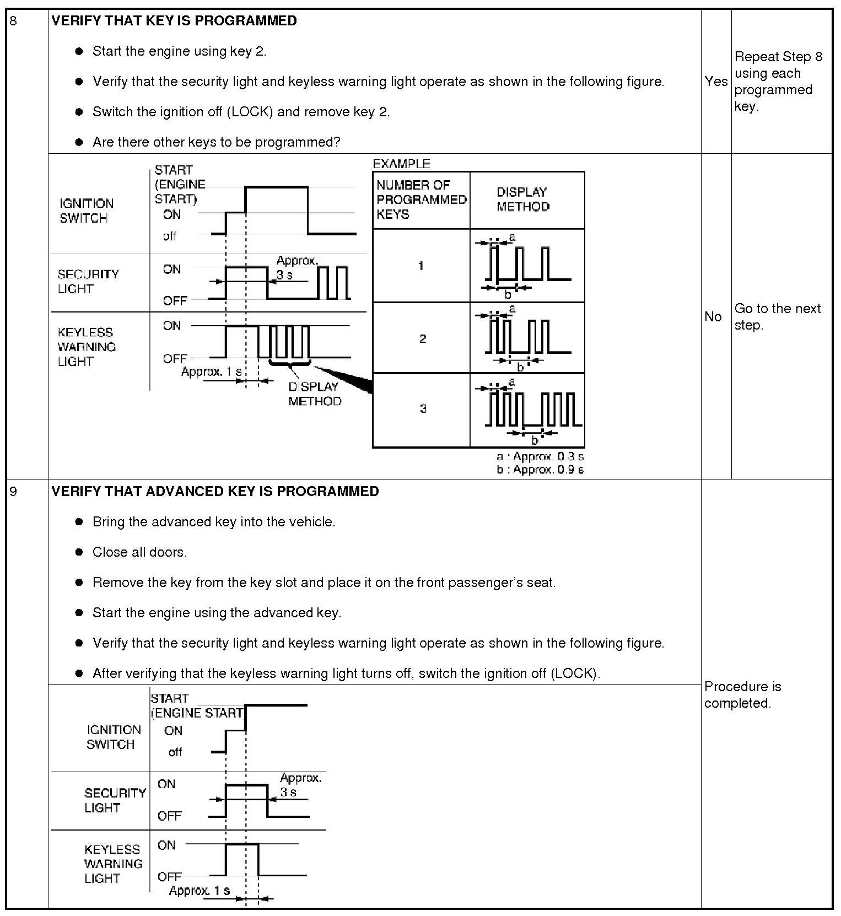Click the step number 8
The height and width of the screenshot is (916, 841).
(13, 21)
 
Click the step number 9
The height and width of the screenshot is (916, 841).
(13, 491)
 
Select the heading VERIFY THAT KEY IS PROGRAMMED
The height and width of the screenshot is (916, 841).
(174, 21)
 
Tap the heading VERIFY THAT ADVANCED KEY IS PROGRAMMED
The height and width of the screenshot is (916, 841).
(215, 491)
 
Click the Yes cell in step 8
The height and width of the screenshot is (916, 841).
(715, 82)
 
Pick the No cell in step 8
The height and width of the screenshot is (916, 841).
(713, 316)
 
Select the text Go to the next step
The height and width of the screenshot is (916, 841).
(777, 316)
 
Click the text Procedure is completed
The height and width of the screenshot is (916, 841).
(742, 694)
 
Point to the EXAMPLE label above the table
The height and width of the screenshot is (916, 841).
(401, 164)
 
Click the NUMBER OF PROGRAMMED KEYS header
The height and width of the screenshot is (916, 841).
(421, 200)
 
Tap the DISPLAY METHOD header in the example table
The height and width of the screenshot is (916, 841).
(522, 200)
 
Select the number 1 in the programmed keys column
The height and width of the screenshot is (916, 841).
(421, 266)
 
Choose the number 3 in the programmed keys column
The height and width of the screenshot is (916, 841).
(423, 408)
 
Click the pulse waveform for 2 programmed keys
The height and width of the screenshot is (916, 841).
(527, 337)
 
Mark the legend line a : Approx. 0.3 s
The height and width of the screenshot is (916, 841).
(540, 456)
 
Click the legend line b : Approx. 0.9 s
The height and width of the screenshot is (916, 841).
(540, 470)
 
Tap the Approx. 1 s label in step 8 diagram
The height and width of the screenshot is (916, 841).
(211, 372)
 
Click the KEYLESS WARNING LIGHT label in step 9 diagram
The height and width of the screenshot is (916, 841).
(113, 864)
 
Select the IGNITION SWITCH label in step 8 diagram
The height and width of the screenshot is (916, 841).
(87, 211)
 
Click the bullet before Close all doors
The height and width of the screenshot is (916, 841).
(79, 552)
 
